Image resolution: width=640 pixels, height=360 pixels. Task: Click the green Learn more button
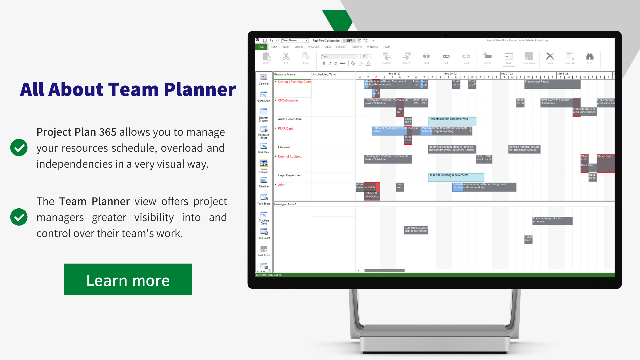click(128, 279)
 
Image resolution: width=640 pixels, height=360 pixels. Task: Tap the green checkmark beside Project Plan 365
click(19, 148)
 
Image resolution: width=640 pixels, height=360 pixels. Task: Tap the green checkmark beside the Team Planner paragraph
click(19, 217)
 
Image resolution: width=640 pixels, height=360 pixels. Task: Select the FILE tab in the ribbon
click(261, 47)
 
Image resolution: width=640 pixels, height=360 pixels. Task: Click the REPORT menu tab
click(357, 47)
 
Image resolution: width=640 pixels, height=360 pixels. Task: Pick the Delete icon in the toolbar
click(550, 57)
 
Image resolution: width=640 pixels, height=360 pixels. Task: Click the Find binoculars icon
click(590, 57)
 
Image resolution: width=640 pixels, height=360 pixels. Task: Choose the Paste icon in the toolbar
click(266, 57)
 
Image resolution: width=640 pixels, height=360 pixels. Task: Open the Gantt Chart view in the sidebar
click(264, 96)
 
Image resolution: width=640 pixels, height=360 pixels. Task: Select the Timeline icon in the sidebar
click(264, 182)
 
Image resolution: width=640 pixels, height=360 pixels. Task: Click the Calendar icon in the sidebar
click(264, 79)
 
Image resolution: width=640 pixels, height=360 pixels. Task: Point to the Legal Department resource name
click(290, 175)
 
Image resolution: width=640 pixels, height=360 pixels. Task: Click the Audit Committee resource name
click(290, 119)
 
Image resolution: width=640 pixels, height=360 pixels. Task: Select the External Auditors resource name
click(290, 157)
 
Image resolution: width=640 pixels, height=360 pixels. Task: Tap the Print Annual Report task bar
click(552, 84)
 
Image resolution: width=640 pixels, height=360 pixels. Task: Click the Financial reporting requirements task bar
click(456, 177)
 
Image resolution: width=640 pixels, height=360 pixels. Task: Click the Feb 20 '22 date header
click(451, 74)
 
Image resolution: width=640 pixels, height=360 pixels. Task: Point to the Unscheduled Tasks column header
click(324, 75)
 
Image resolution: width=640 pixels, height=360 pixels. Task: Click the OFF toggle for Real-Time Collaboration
click(349, 41)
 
